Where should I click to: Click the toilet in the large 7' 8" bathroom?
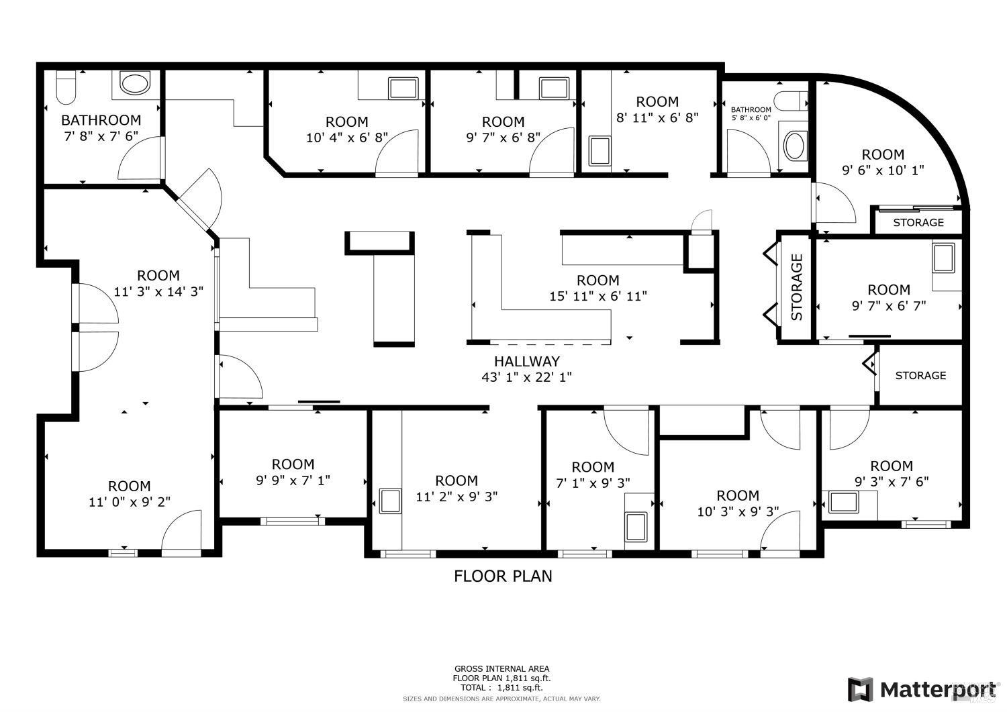(66, 87)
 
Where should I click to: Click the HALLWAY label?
(526, 362)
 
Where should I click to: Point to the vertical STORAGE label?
(797, 287)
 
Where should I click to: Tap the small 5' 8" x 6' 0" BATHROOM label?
(751, 109)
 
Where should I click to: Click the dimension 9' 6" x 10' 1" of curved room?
(883, 170)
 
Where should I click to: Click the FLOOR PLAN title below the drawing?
(503, 576)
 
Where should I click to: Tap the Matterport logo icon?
(860, 689)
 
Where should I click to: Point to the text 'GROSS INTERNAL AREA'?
(501, 668)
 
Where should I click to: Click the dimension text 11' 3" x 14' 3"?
(158, 291)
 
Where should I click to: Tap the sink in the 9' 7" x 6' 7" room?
(943, 259)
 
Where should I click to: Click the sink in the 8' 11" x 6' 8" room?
(598, 151)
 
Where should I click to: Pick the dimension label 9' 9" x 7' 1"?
(293, 480)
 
